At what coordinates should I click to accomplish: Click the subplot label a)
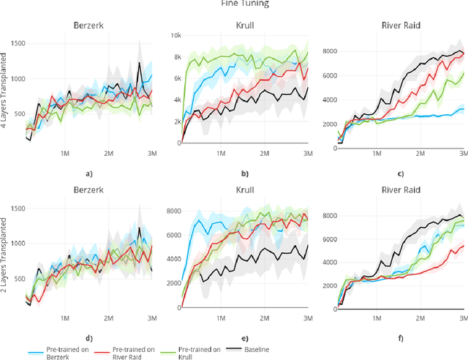(x=88, y=173)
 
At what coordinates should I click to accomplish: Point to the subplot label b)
(x=245, y=173)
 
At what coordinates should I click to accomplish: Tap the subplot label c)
(x=400, y=173)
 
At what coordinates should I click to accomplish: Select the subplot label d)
(x=88, y=340)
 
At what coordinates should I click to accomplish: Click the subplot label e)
(x=245, y=340)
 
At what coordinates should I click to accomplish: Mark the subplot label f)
(x=400, y=340)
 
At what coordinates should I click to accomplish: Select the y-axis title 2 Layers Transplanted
(x=5, y=258)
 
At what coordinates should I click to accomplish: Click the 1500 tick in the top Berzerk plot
(x=11, y=44)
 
